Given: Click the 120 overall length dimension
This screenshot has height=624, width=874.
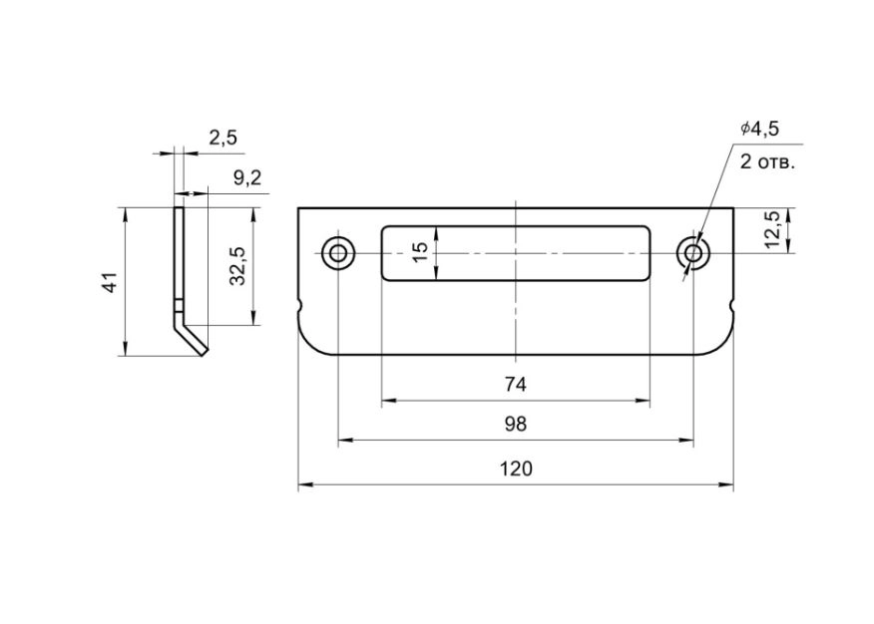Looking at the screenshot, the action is click(516, 468).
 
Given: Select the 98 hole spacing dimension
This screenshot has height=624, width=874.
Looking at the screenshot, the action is click(516, 425).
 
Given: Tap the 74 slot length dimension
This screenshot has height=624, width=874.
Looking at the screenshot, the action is click(516, 384).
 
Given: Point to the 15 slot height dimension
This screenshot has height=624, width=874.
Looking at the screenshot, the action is click(422, 253).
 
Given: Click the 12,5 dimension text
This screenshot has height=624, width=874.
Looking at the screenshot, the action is click(772, 229).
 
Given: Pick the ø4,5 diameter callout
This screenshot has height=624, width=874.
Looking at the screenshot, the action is click(759, 129).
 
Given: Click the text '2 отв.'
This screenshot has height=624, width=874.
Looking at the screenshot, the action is click(767, 162).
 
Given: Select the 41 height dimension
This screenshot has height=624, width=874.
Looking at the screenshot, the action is click(112, 282).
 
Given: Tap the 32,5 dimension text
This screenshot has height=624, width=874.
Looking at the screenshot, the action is click(238, 266).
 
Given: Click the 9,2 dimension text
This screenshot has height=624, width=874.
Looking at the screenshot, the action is click(247, 178).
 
